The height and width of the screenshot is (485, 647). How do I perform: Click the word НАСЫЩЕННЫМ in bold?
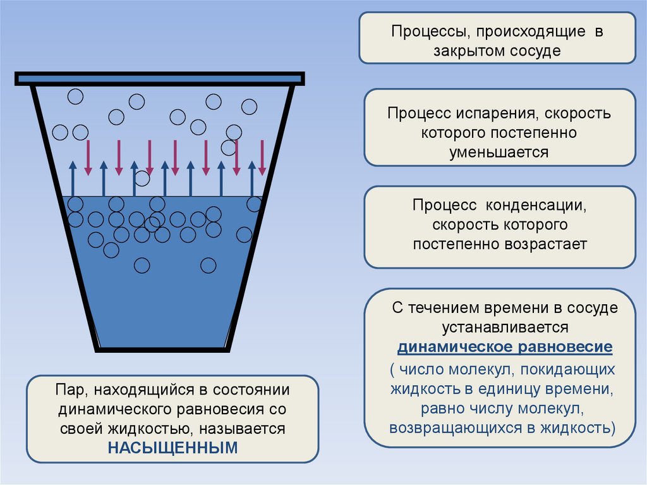pyautogui.click(x=173, y=448)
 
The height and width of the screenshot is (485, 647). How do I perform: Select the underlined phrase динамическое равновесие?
pyautogui.click(x=505, y=348)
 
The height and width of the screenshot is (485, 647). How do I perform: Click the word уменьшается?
pyautogui.click(x=499, y=152)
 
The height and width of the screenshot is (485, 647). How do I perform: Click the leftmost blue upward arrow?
pyautogui.click(x=73, y=178)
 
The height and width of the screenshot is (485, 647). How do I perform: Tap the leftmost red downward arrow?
pyautogui.click(x=88, y=158)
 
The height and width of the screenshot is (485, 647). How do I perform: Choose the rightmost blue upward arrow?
pyautogui.click(x=251, y=178)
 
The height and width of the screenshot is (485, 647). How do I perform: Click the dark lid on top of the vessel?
pyautogui.click(x=160, y=78)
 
